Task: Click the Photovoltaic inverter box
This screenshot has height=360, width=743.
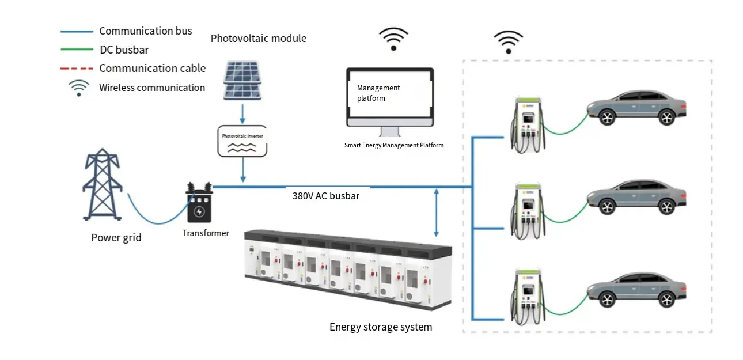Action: point(242,141)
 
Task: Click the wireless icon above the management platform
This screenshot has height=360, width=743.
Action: point(393,39)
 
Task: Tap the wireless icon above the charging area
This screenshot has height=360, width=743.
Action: point(508,42)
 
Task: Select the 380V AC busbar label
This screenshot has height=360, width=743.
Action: point(326,196)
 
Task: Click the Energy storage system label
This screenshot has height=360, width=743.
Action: point(381,327)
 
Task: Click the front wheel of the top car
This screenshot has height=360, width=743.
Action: point(606,118)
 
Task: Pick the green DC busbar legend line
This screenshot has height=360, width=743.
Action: point(77,50)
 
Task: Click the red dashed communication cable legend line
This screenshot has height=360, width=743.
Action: point(77,69)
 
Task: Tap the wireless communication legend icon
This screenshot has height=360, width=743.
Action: point(79,88)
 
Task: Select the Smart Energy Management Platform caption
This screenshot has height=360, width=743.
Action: point(394,146)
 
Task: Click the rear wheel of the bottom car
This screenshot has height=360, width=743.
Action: point(666,300)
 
